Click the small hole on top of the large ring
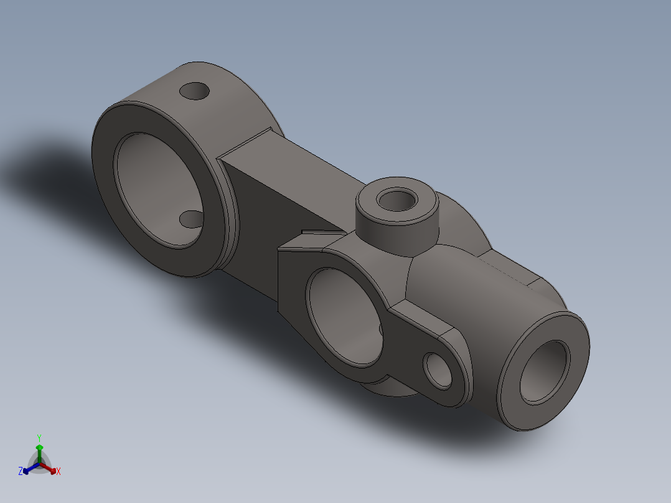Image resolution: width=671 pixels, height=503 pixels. [195, 91]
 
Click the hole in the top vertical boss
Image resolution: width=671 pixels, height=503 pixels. [398, 200]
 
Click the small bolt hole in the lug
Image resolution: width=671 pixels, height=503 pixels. [438, 371]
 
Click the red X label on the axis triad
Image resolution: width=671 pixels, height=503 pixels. [58, 472]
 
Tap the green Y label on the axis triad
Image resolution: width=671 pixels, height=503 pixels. [39, 438]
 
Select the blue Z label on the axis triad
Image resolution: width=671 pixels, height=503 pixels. [21, 471]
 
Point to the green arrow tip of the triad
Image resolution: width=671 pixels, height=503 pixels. [39, 448]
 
